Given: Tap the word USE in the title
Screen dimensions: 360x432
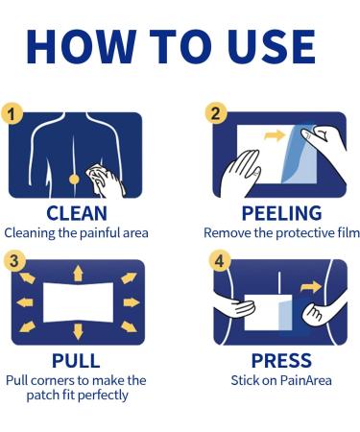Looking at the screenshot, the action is pos(272,46).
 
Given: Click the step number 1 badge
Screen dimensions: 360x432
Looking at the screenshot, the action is pos(12,114).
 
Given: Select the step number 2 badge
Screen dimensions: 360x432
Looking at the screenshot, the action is pos(216,113).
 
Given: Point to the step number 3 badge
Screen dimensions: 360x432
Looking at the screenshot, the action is pos(14,261).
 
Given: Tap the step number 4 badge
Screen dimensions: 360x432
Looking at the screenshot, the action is pos(220,261).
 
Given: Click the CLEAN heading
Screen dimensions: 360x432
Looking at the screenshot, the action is pos(77,213).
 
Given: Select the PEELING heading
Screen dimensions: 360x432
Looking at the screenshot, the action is pos(281,213).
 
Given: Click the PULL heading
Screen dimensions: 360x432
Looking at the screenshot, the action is pos(76,361).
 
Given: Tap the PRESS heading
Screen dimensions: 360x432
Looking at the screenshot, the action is pos(281,361).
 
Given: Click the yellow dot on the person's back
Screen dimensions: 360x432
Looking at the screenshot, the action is pos(74,180).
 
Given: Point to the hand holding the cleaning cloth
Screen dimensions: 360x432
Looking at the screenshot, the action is pos(108,181).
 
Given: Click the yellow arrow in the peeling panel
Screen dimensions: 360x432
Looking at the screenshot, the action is pos(275,135).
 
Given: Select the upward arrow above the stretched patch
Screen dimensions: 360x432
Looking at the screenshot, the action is pos(78,274).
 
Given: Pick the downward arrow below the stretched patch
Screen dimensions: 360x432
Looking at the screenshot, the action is pos(78,332).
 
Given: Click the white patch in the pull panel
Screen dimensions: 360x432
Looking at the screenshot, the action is pos(79,302).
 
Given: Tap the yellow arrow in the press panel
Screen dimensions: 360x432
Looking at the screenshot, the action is pos(310,287).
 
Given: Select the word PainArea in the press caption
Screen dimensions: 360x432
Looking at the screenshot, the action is pos(306,380).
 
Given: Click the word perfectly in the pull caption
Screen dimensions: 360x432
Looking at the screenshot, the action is pos(103,396).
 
